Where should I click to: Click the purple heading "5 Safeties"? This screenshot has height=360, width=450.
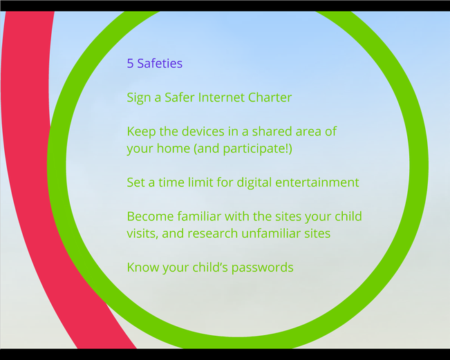pyautogui.click(x=155, y=64)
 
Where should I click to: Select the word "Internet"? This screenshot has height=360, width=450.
pyautogui.click(x=221, y=97)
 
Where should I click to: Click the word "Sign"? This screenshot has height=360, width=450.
pyautogui.click(x=139, y=98)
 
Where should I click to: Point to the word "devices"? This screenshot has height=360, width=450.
pyautogui.click(x=203, y=131)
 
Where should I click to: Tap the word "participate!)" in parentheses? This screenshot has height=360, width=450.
pyautogui.click(x=257, y=149)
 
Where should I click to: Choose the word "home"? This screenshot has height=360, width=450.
pyautogui.click(x=174, y=149)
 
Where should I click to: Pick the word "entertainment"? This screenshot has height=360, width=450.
pyautogui.click(x=317, y=182)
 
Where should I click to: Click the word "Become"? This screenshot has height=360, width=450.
pyautogui.click(x=151, y=216)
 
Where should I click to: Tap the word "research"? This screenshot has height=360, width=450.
pyautogui.click(x=213, y=234)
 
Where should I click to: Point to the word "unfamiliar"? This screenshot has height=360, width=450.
pyautogui.click(x=271, y=234)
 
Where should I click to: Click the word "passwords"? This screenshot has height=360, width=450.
pyautogui.click(x=262, y=268)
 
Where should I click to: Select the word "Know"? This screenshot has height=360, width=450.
pyautogui.click(x=143, y=267)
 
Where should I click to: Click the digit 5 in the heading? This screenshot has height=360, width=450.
pyautogui.click(x=130, y=64)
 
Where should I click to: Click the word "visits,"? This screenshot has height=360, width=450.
pyautogui.click(x=142, y=234)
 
